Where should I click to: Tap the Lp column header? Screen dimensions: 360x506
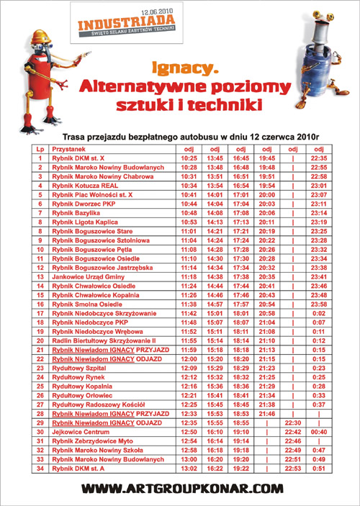[40, 149]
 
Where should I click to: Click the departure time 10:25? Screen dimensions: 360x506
[189, 158]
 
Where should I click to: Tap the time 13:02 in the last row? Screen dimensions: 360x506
[189, 469]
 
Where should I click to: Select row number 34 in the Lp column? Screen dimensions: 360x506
[40, 469]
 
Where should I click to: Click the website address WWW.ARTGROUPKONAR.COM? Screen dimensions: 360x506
[180, 489]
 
